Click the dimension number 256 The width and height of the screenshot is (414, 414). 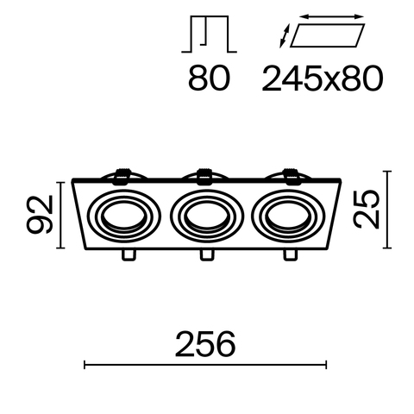(x=205, y=344)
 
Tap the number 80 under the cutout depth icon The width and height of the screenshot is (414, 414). (x=208, y=79)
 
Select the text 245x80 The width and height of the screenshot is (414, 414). (x=320, y=79)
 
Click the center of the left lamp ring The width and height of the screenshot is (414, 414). (x=125, y=215)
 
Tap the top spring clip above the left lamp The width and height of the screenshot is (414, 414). (x=122, y=178)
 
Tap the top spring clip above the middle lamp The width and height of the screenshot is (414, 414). (x=205, y=177)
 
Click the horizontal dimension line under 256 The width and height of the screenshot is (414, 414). (x=205, y=367)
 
